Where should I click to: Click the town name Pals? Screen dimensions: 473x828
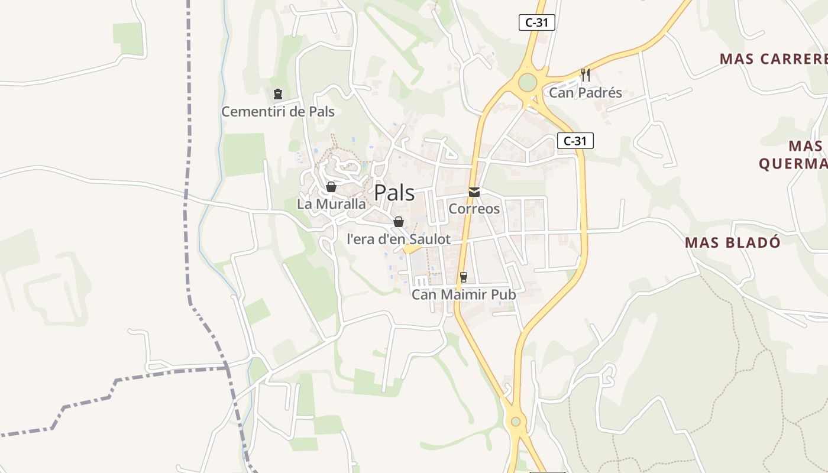394,193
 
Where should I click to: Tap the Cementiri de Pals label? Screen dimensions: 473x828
278,111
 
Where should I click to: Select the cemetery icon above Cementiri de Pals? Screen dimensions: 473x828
278,93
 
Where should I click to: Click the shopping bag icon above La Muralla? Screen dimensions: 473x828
331,187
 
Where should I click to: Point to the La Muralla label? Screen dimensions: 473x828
331,204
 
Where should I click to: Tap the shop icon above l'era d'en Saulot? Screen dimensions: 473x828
399,222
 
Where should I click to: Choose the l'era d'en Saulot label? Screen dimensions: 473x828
399,239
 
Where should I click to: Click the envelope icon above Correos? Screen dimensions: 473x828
474,192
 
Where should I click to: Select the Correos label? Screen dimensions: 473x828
474,209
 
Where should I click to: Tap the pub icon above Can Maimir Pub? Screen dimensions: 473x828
464,277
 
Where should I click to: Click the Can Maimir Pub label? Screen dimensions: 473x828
464,294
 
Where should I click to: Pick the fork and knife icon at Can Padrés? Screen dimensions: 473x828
586,75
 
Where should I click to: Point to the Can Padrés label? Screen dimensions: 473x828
586,93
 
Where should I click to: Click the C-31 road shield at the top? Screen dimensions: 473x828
536,22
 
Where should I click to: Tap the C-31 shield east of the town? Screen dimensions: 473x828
575,141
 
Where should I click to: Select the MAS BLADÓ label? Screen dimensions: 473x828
733,242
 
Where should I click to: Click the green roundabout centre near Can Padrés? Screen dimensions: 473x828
527,82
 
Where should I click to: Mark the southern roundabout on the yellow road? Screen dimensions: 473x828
516,422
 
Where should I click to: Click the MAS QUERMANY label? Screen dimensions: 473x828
793,155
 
